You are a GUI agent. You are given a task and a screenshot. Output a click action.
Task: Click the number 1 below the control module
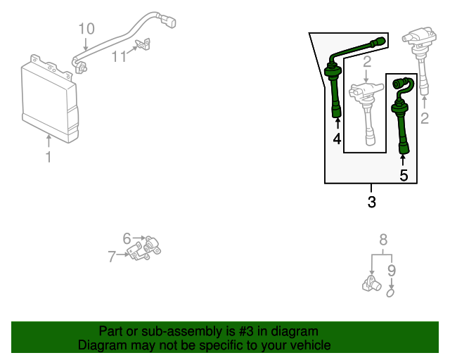pyautogui.click(x=49, y=157)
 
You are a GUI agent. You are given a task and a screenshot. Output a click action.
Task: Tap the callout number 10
pyautogui.click(x=86, y=29)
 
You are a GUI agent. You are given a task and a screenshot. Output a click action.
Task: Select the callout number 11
pyautogui.click(x=121, y=56)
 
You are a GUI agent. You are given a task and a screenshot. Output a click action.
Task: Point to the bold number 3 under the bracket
pyautogui.click(x=371, y=202)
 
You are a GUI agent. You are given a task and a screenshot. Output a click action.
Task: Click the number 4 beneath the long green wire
pyautogui.click(x=337, y=139)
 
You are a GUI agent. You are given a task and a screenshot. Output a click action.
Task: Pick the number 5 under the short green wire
pyautogui.click(x=404, y=175)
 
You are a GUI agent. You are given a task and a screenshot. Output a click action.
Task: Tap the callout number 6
pyautogui.click(x=127, y=238)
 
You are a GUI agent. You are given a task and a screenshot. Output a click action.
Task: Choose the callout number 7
pyautogui.click(x=112, y=257)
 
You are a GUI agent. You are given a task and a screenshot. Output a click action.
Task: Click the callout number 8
pyautogui.click(x=383, y=239)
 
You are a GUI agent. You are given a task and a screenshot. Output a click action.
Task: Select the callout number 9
pyautogui.click(x=392, y=269)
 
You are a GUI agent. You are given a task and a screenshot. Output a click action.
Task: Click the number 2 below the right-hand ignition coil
pyautogui.click(x=425, y=118)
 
